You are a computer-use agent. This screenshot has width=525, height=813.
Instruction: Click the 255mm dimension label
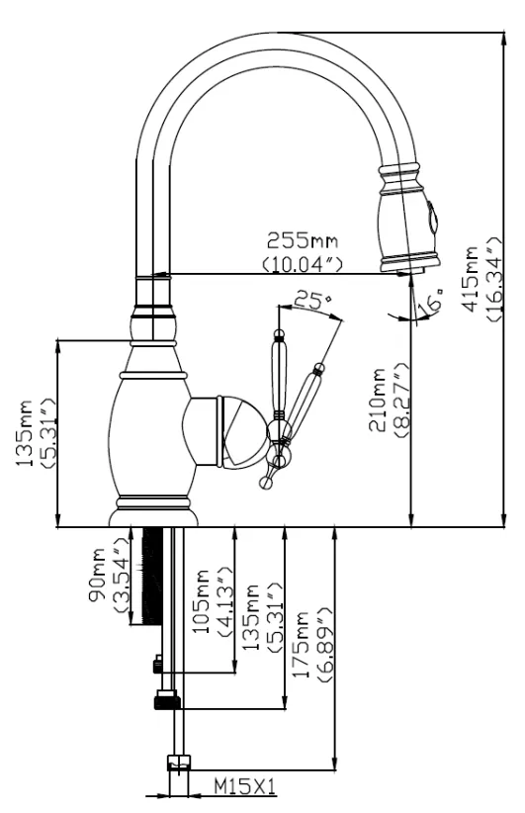(x=303, y=240)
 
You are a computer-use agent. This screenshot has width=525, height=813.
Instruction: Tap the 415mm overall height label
(x=471, y=279)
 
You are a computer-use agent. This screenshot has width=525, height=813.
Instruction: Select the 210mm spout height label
(x=378, y=400)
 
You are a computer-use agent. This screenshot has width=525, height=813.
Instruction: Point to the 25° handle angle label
(x=312, y=300)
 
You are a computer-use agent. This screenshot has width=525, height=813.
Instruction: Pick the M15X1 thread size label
(x=244, y=786)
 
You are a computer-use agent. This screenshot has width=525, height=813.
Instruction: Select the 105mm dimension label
(x=200, y=601)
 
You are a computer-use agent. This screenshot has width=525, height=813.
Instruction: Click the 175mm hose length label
(x=302, y=645)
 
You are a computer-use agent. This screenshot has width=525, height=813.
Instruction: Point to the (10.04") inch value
(x=303, y=264)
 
